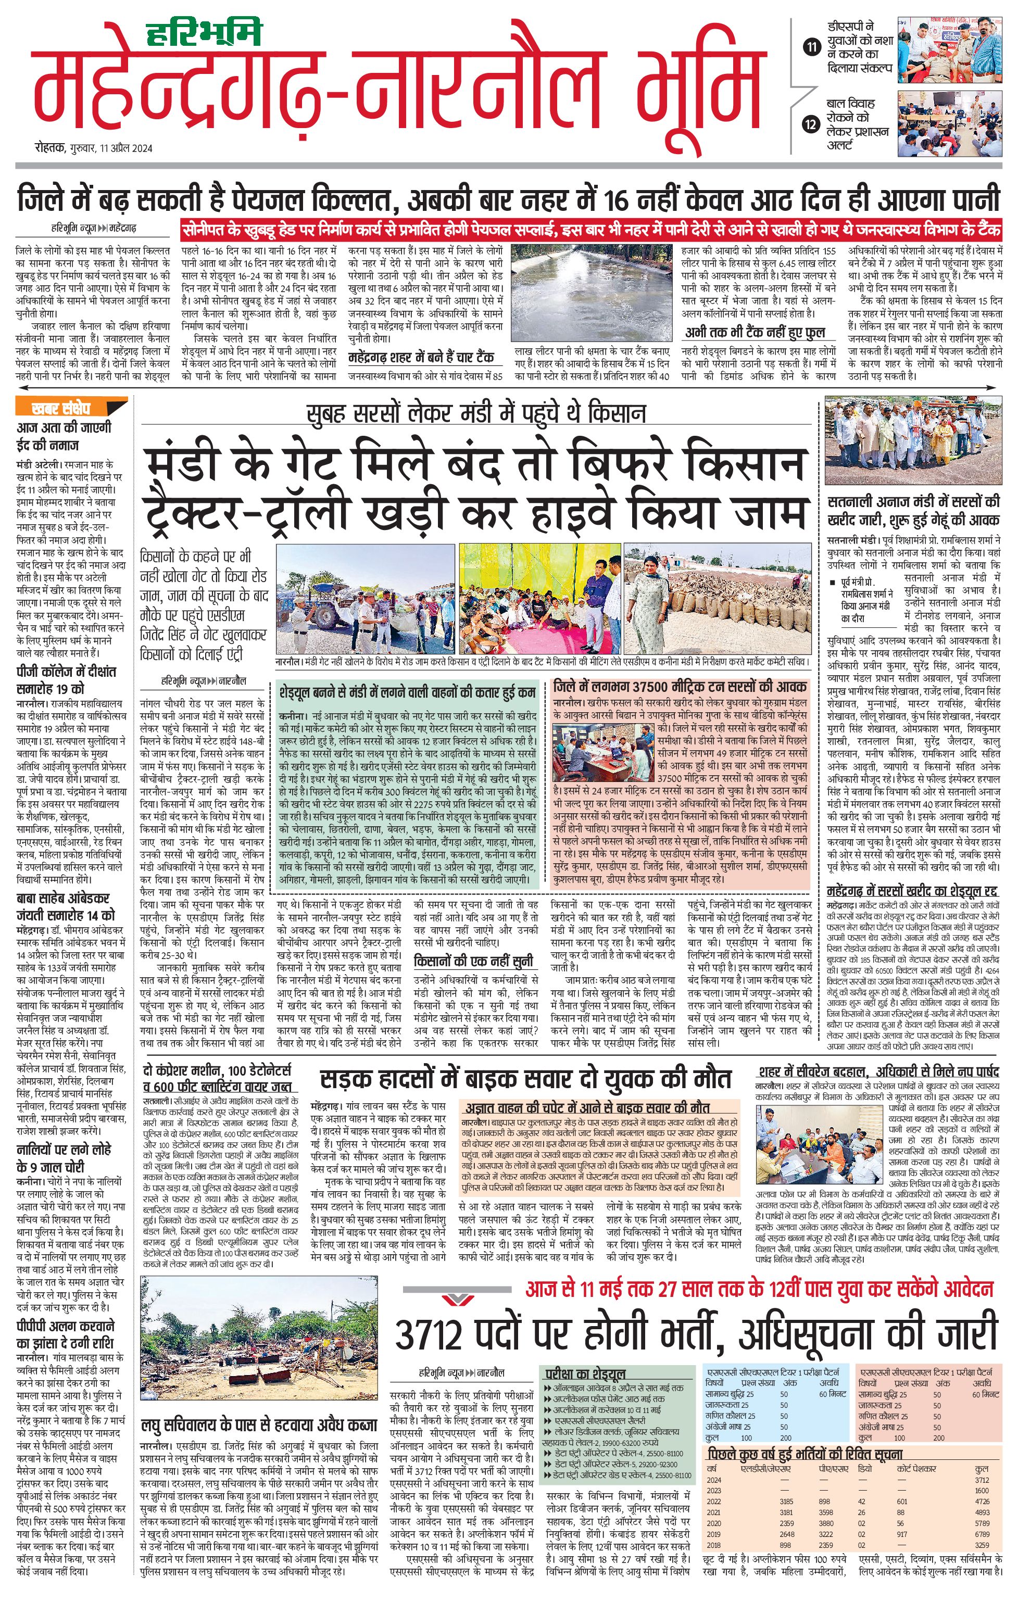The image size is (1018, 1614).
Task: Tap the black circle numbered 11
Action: (812, 47)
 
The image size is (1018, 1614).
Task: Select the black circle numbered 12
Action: (812, 124)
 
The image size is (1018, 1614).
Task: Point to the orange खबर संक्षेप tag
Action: (61, 408)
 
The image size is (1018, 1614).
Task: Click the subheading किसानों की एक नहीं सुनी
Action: (473, 961)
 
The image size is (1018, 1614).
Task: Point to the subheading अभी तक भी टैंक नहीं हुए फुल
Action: (753, 333)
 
